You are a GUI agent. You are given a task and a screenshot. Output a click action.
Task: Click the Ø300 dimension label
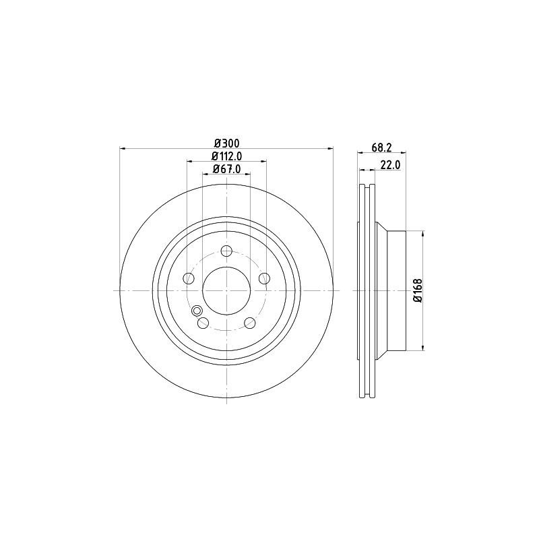point(227,143)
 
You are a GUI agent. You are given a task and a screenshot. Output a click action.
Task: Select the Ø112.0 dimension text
point(227,156)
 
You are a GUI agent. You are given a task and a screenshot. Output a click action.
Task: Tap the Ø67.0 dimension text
point(227,169)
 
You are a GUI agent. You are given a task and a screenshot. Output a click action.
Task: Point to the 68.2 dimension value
point(382,148)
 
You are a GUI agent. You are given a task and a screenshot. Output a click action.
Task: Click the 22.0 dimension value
point(391,164)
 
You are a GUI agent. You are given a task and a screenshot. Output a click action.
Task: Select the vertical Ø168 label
point(418,290)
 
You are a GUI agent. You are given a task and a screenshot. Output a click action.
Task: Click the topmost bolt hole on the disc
point(227,251)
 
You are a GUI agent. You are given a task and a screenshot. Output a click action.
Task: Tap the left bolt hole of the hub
point(189,278)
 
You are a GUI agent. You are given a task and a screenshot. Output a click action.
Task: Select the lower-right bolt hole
point(250,323)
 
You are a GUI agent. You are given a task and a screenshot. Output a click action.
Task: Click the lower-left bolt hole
point(203,323)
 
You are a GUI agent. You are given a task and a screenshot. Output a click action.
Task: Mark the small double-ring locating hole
point(197,311)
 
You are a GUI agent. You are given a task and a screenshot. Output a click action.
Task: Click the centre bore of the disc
point(227,290)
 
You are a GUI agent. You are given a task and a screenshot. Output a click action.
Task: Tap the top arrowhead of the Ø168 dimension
point(422,234)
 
